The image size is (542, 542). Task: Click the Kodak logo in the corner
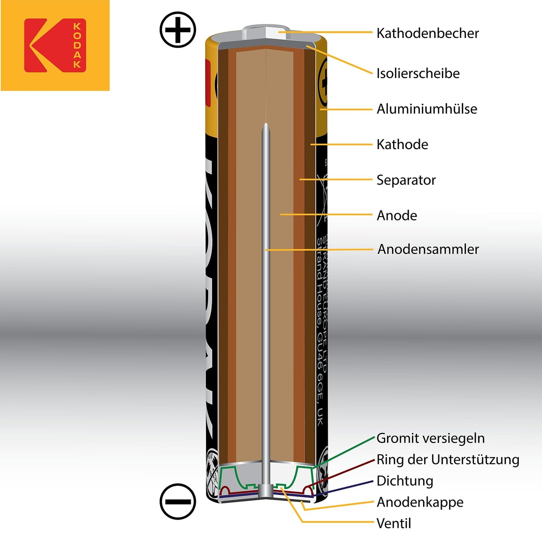55,45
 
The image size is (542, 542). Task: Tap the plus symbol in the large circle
178,30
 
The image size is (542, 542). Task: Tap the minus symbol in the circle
178,501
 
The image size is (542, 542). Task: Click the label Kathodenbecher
428,33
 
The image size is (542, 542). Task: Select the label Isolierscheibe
418,74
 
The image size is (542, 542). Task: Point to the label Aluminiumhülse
427,109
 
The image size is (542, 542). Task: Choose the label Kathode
402,144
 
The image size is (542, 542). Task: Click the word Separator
406,180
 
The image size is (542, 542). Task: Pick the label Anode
397,216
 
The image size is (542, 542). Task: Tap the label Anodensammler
428,249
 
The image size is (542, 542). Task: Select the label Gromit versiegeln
430,438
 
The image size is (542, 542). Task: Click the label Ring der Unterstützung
448,459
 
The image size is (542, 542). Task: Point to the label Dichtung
405,481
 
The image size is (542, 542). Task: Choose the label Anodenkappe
420,502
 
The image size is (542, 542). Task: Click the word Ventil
393,523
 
